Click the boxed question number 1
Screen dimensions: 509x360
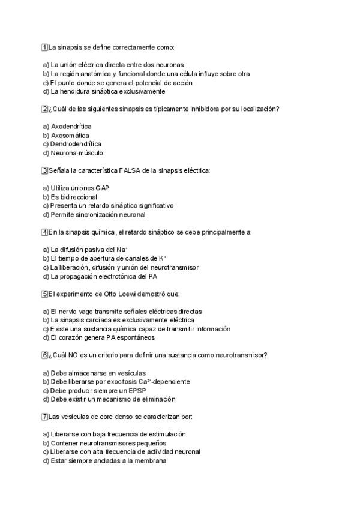pyautogui.click(x=44, y=47)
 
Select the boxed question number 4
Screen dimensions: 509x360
pyautogui.click(x=44, y=232)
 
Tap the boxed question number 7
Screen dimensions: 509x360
pyautogui.click(x=44, y=417)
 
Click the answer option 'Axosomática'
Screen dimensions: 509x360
pyautogui.click(x=70, y=136)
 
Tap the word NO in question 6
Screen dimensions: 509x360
pyautogui.click(x=79, y=355)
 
